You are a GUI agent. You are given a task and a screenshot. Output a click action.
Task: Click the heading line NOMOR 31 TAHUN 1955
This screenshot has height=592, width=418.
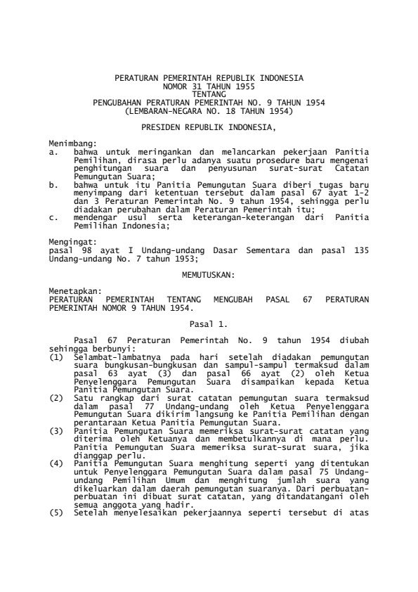click(209, 84)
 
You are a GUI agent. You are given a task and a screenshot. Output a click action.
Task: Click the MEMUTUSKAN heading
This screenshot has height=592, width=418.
click(209, 271)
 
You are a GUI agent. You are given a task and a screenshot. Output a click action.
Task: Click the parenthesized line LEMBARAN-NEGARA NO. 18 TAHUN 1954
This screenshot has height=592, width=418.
click(209, 111)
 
